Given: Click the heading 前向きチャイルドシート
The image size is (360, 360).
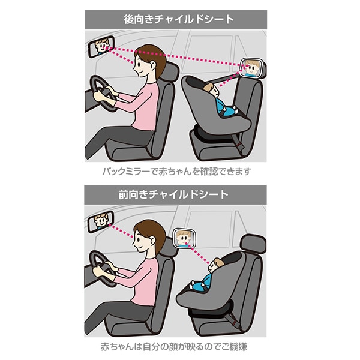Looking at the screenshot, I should [x=175, y=194].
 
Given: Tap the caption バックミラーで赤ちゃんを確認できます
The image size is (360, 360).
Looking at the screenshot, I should [x=175, y=172].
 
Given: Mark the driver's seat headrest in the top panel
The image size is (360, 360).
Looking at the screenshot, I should [x=170, y=72].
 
